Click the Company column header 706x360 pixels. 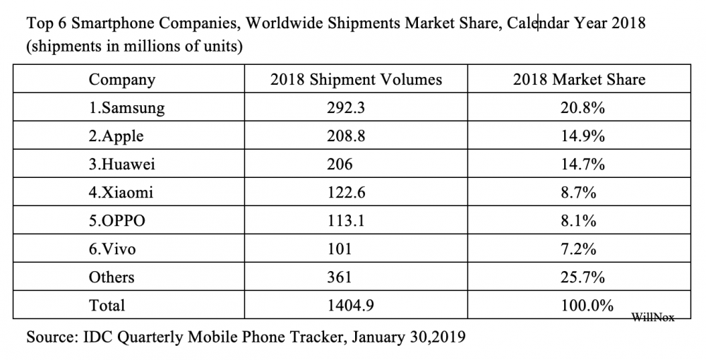[121, 79]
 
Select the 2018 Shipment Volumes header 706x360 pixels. [356, 79]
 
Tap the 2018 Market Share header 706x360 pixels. [579, 79]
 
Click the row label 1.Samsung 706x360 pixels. [126, 107]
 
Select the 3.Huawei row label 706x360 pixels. [122, 164]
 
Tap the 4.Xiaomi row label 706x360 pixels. [121, 192]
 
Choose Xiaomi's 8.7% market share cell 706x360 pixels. [579, 192]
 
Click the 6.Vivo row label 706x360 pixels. [114, 248]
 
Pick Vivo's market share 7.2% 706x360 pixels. [579, 248]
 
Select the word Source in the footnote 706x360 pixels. [52, 337]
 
